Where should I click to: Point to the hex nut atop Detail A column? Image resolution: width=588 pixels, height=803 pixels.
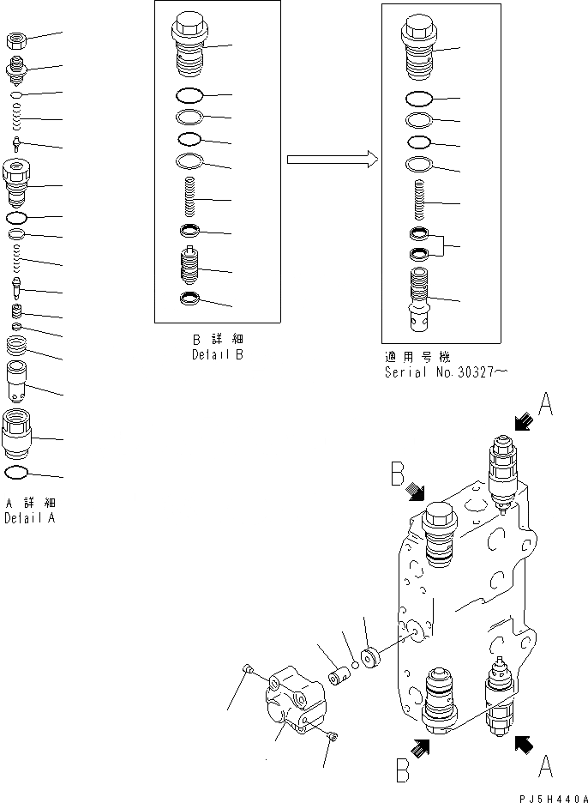18,39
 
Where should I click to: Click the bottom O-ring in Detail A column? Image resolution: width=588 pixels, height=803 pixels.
17,472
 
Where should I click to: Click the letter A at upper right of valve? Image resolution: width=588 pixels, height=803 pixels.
546,403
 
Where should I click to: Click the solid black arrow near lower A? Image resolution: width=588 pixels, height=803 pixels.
521,745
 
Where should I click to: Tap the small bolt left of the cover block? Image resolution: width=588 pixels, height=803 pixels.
246,669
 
